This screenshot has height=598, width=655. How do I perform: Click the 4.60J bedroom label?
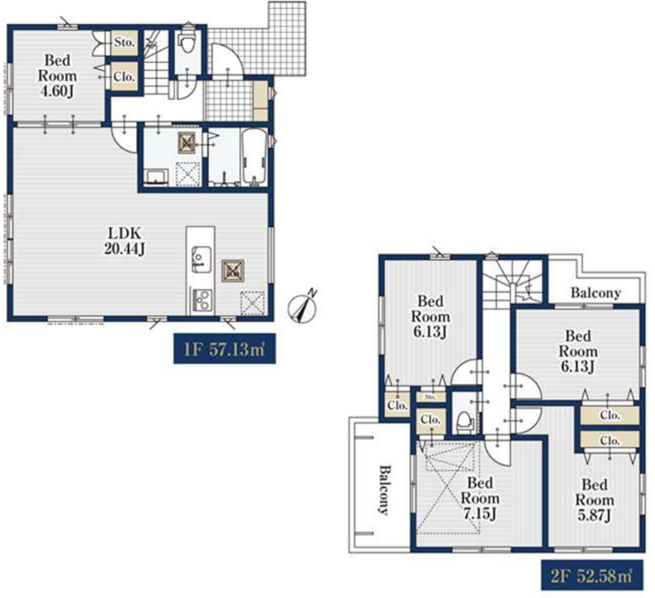click(x=58, y=75)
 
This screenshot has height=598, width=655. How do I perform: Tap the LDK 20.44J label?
click(x=125, y=241)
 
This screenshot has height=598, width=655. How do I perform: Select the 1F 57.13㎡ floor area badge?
click(x=224, y=349)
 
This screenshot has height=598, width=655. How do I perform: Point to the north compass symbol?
click(x=304, y=307)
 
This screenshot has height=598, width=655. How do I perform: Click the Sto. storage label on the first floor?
click(x=124, y=42)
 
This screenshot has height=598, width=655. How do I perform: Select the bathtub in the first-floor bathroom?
click(x=253, y=156)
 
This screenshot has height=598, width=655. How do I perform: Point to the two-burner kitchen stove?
click(x=201, y=300)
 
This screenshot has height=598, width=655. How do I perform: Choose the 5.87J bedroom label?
click(x=595, y=500)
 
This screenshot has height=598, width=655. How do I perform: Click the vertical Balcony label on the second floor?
click(x=384, y=490)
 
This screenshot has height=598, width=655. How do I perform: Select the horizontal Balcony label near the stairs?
click(x=596, y=293)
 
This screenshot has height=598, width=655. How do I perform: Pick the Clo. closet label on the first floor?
click(x=124, y=77)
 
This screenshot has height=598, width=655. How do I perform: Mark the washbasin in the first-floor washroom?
click(x=157, y=177)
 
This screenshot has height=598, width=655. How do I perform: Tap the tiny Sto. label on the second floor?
click(x=430, y=396)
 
